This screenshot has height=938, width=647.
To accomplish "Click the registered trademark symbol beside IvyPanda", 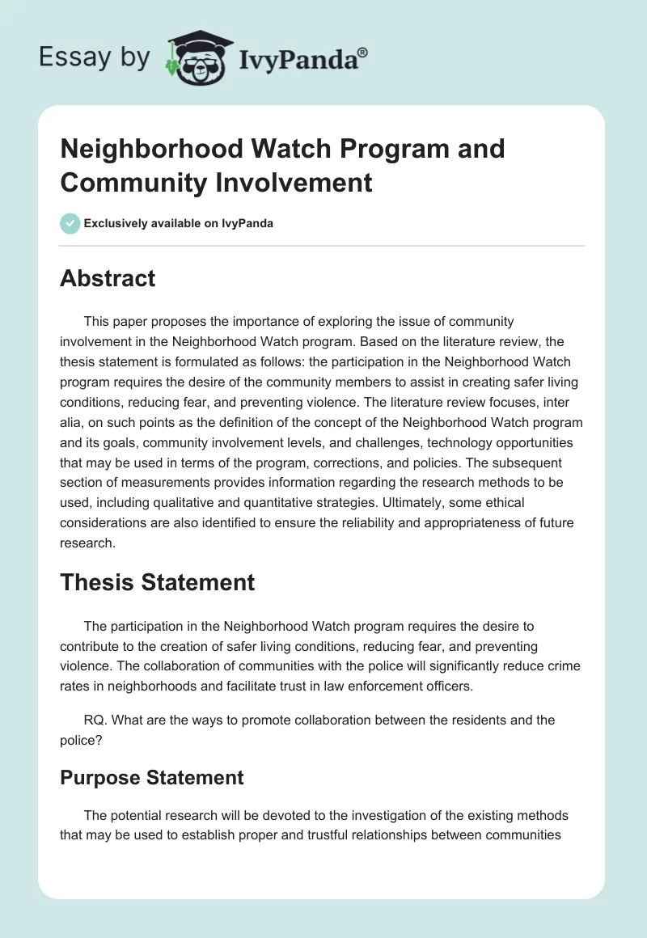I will pos(363,53).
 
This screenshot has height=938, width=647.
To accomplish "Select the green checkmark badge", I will pos(70,223).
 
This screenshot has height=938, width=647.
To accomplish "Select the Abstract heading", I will pos(108,278).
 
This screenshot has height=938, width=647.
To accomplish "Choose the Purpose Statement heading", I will pos(151,777).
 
